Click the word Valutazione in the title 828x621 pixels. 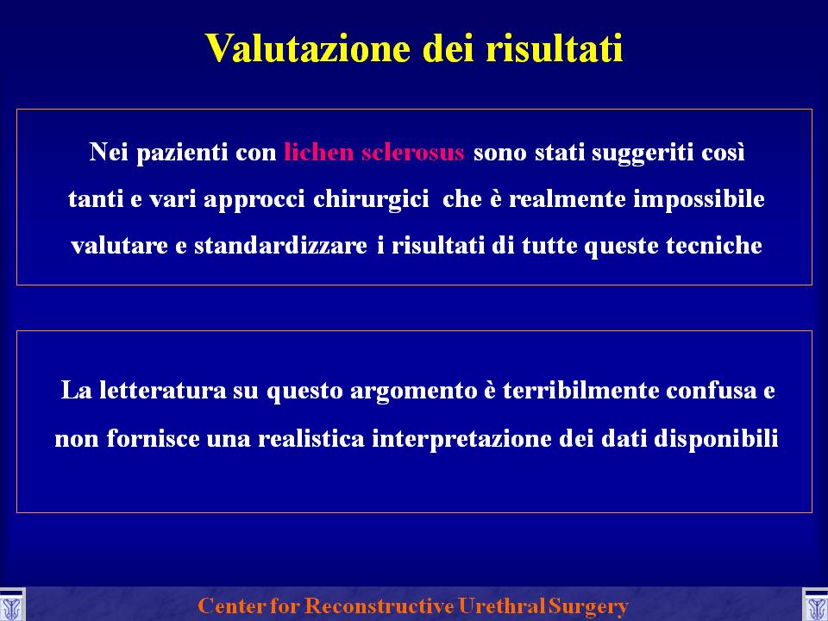(308, 48)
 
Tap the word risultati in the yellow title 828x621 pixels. (555, 48)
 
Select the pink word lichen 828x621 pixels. (319, 152)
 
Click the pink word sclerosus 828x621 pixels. (413, 152)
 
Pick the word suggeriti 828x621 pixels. (642, 154)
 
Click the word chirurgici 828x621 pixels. (371, 199)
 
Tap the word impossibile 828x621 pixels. (699, 199)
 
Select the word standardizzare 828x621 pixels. (280, 246)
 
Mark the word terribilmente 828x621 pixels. (580, 391)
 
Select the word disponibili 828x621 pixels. (716, 439)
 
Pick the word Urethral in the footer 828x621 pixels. (502, 605)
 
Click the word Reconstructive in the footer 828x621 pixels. (379, 605)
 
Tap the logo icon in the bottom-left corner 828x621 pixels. (11, 605)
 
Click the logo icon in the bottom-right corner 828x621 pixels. (815, 605)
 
